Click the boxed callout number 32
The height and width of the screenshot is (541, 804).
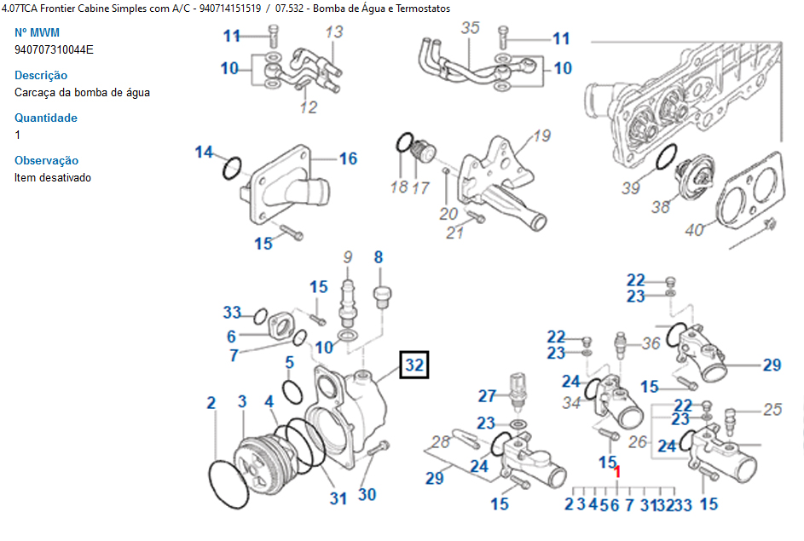coord(414,365)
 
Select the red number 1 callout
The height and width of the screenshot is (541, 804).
coord(617,471)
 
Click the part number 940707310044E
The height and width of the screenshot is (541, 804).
coord(54,49)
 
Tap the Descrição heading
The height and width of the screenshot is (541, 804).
coord(41,75)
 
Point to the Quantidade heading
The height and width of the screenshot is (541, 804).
coord(46,118)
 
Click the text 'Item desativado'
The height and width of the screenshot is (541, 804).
coord(53,178)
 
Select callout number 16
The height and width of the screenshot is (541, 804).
coord(348,158)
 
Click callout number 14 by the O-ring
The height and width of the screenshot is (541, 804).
coord(204,153)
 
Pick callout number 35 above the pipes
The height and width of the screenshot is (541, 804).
coord(470,27)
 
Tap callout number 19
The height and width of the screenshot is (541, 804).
coord(541,135)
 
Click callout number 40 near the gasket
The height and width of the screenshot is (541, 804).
coord(694,230)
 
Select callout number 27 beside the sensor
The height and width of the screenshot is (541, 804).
coord(487,396)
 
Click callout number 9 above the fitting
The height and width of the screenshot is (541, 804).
coord(348,257)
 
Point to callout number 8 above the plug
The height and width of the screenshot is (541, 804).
coord(379,257)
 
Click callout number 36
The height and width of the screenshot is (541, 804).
coord(651,343)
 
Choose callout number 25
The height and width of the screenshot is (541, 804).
coord(772,409)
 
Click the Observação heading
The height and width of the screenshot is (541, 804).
coord(46,160)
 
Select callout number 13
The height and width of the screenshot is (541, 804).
coord(334,32)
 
